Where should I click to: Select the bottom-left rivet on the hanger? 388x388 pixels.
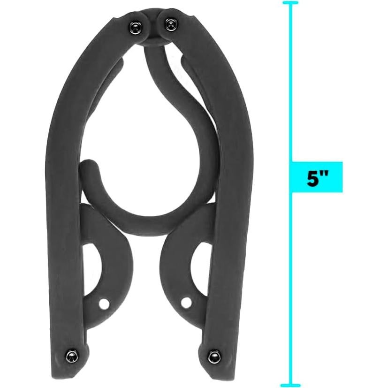tap(71, 354)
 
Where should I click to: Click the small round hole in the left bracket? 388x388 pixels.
tap(104, 304)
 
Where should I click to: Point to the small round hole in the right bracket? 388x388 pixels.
tap(186, 302)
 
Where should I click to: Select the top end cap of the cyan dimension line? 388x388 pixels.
tap(290, 3)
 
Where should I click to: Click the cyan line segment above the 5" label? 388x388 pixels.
tap(290, 84)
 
